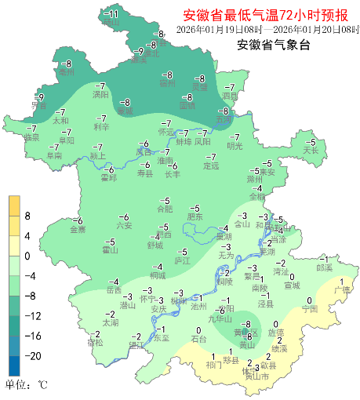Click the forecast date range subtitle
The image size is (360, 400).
point(267,30)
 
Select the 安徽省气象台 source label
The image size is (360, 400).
point(274,45)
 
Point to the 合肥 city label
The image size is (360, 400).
point(164,209)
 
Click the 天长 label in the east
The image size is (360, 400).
point(311,150)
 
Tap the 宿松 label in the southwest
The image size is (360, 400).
point(95,343)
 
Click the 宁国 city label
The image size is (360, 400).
point(309,310)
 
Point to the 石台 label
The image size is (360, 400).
point(199,340)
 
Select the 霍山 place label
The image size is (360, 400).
point(111,251)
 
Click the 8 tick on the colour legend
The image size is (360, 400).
point(27,215)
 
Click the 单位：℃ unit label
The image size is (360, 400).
point(27,385)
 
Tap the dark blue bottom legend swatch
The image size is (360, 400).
point(14,365)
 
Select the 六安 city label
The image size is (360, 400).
point(124,226)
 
